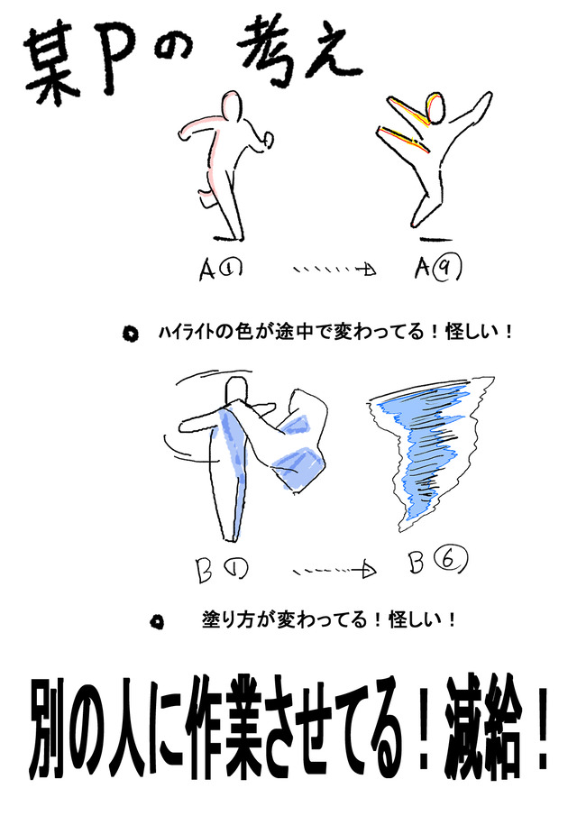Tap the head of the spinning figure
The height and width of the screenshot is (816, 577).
(x=238, y=390)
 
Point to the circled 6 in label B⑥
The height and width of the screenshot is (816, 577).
(x=451, y=561)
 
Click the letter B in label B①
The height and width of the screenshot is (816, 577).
(x=205, y=571)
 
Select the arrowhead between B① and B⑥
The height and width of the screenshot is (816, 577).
(x=369, y=571)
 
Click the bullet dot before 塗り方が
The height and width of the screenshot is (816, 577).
(x=157, y=621)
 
